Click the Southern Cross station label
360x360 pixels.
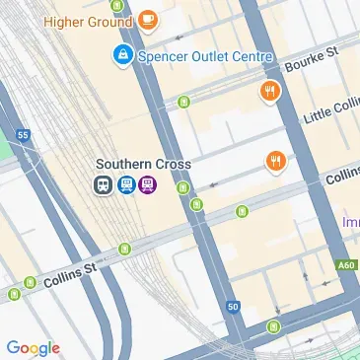tap(143, 164)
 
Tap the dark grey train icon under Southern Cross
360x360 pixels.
tap(103, 184)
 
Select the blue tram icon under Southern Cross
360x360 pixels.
tap(125, 184)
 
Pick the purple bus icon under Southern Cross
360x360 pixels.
tap(148, 184)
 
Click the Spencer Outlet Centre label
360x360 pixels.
tap(205, 55)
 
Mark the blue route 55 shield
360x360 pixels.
tap(22, 132)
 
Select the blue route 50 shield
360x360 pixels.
tap(232, 308)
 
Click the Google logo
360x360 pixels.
tap(33, 347)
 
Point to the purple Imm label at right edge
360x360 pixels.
tap(350, 224)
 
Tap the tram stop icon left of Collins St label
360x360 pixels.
tap(14, 294)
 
